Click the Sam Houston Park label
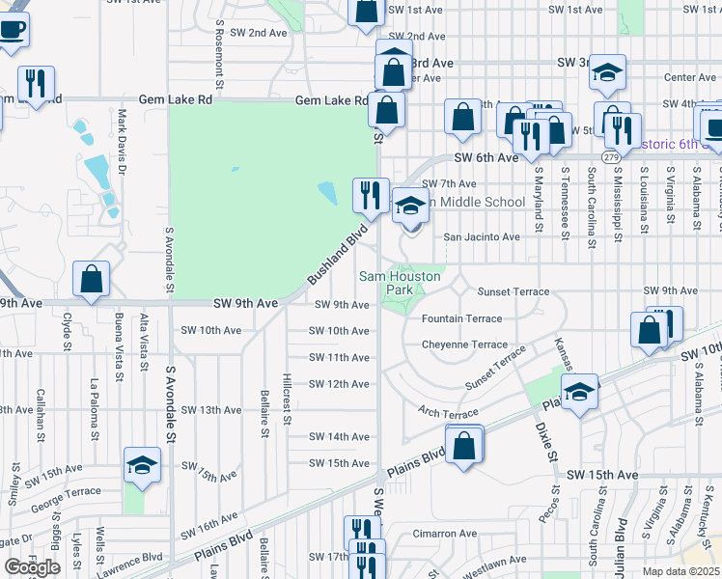pos(400,282)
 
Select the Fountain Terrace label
pos(461,318)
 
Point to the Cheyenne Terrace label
pos(463,345)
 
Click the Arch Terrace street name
pos(448,413)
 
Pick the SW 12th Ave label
pos(339,384)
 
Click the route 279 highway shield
pos(610,156)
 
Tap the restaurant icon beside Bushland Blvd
pos(369,195)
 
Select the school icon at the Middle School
pos(409,205)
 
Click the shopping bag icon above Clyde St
pos(91,280)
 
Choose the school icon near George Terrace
pos(142,467)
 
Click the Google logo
pos(32,567)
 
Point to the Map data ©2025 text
pos(681,571)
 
